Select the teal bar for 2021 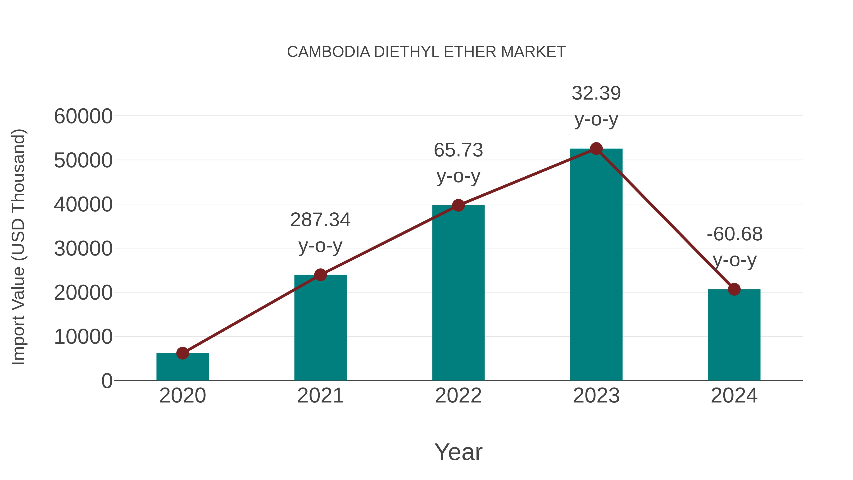pyautogui.click(x=320, y=328)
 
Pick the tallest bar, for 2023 pyautogui.click(x=596, y=265)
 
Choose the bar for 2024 pyautogui.click(x=734, y=334)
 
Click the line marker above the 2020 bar pyautogui.click(x=182, y=353)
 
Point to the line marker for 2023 pyautogui.click(x=596, y=149)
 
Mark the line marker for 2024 pyautogui.click(x=734, y=289)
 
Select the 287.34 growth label pyautogui.click(x=320, y=220)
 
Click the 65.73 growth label pyautogui.click(x=458, y=150)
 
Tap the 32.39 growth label pyautogui.click(x=596, y=93)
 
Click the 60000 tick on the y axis pyautogui.click(x=83, y=117)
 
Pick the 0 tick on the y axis pyautogui.click(x=107, y=381)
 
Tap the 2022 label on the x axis pyautogui.click(x=458, y=396)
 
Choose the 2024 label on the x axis pyautogui.click(x=734, y=396)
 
